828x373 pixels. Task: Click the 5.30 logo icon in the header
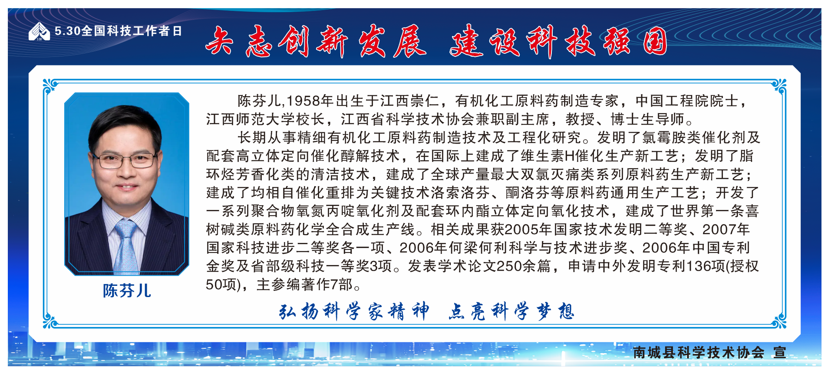click(x=39, y=31)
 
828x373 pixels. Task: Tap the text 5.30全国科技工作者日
click(x=118, y=31)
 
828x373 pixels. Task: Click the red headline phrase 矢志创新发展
click(x=316, y=41)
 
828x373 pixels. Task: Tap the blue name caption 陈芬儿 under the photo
click(x=127, y=291)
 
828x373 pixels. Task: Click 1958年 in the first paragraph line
click(x=310, y=101)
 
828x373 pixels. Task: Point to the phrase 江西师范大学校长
click(x=266, y=119)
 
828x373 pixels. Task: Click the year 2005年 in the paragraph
click(x=529, y=229)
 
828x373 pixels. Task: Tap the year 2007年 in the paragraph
click(x=726, y=229)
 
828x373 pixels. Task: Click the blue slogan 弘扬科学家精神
click(x=354, y=311)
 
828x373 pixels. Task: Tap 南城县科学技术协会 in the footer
click(x=699, y=352)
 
